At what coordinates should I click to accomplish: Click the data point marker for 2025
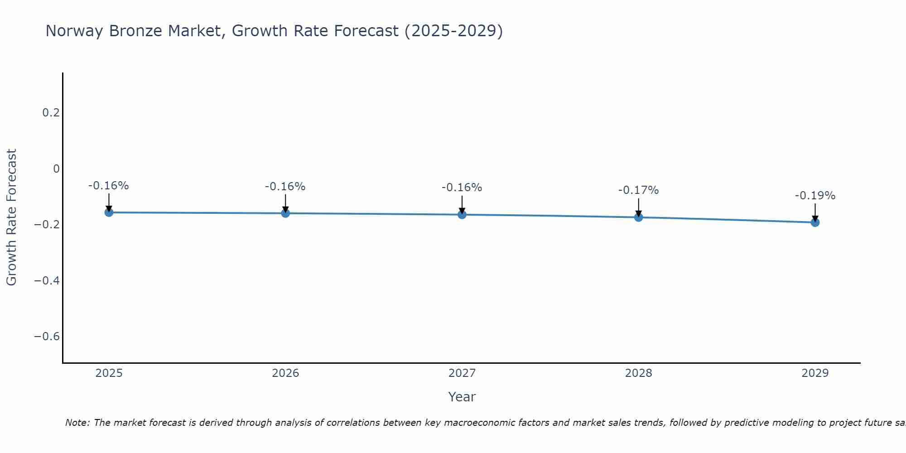pos(109,212)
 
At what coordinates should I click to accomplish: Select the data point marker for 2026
pos(285,213)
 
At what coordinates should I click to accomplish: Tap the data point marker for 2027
pos(462,214)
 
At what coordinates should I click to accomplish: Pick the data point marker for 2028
pos(638,217)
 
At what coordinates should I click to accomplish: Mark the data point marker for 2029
pos(815,222)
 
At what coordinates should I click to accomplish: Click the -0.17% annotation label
pos(638,190)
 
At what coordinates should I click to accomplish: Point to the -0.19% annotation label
pos(815,196)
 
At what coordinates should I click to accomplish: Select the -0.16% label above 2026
pos(285,187)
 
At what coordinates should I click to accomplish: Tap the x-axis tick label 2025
pos(109,373)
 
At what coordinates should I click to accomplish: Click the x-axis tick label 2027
pos(462,373)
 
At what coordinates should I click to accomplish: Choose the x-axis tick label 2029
pos(815,373)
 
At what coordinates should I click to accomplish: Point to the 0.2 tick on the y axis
pos(51,113)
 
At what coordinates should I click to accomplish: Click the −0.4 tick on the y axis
pos(47,281)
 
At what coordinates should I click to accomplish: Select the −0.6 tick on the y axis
pos(47,337)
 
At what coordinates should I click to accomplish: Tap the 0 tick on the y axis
pos(56,169)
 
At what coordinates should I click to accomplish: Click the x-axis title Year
pos(462,397)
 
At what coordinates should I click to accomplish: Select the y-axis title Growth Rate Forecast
pos(11,217)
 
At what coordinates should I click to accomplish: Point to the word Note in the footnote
pos(77,423)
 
